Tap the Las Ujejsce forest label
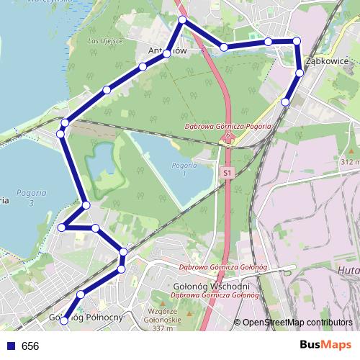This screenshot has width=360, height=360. [x=105, y=40]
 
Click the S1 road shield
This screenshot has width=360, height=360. [x=228, y=173]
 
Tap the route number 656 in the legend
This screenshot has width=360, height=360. [x=30, y=346]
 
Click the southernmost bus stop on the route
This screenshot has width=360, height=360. [x=63, y=320]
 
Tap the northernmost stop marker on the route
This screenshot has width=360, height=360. [x=183, y=20]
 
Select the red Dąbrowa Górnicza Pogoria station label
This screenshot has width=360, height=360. [x=228, y=127]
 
